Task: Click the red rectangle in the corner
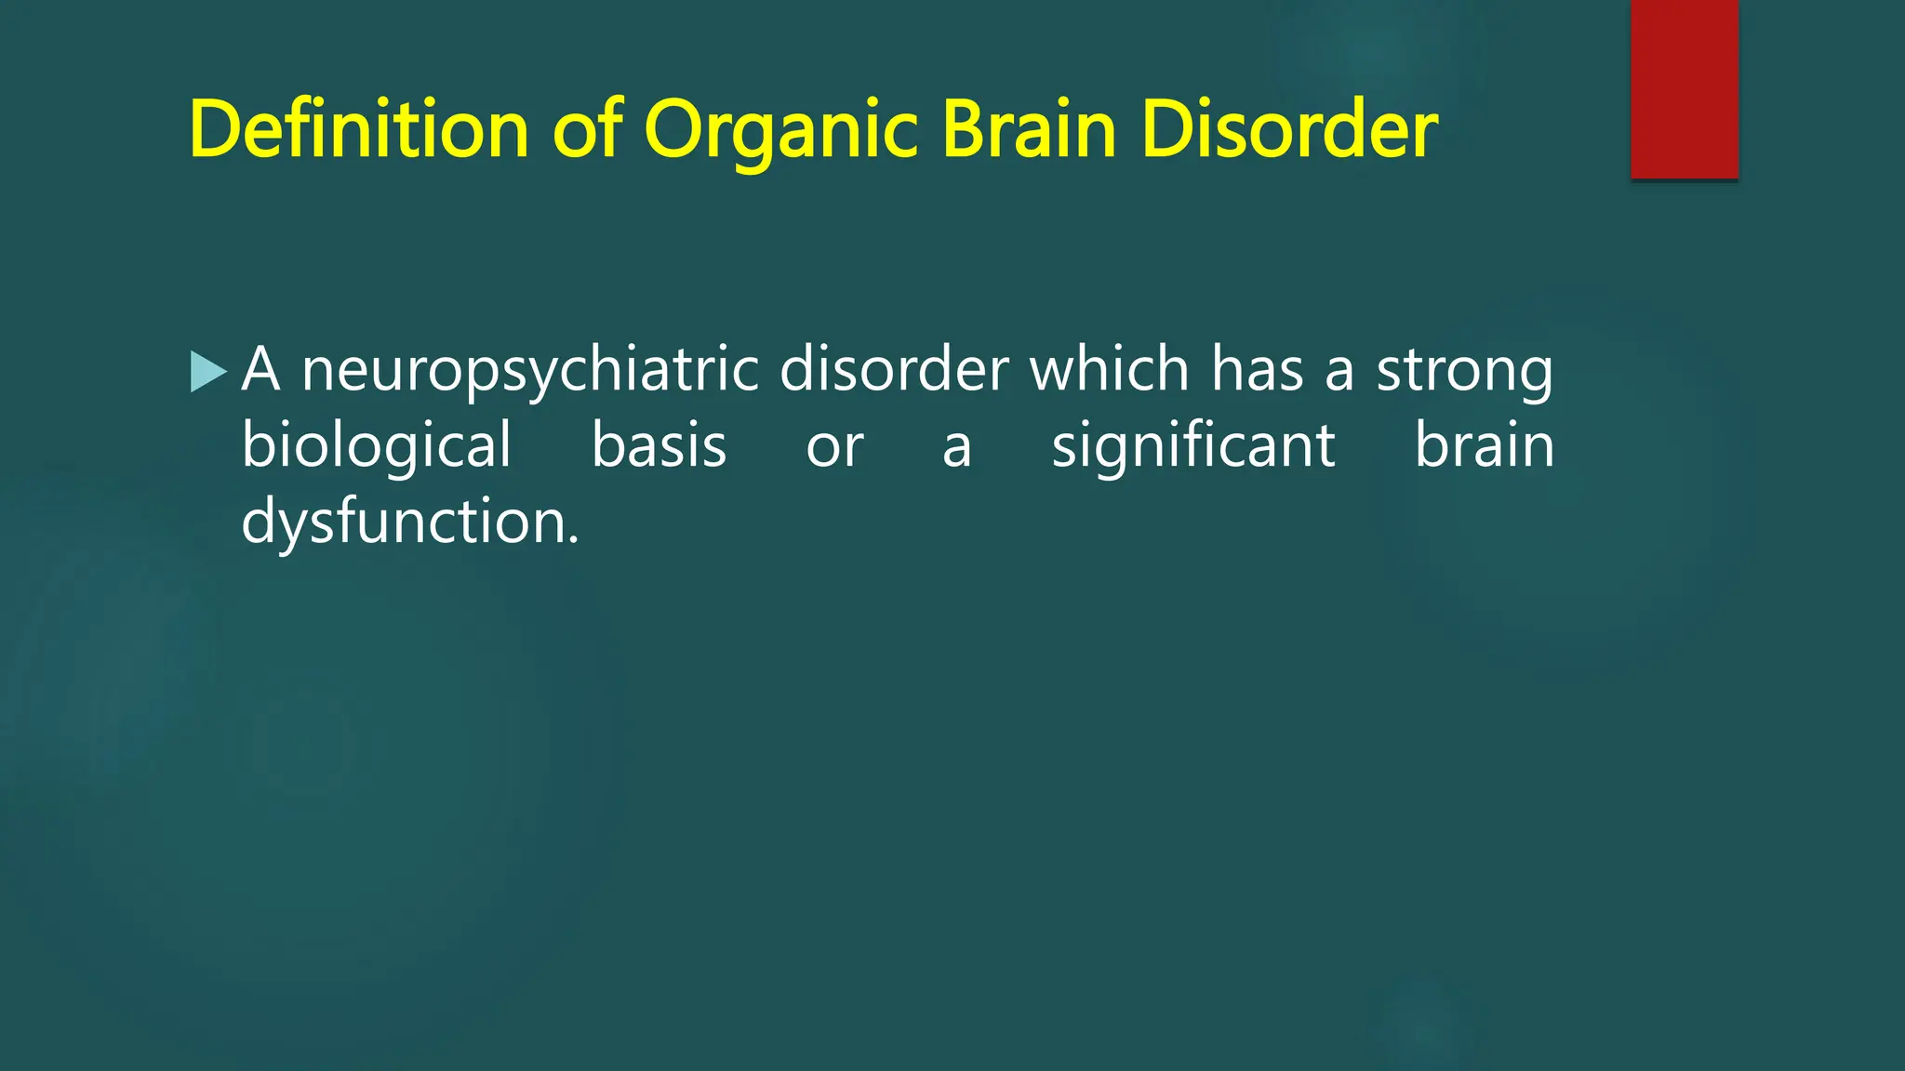(1685, 89)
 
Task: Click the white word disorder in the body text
(894, 370)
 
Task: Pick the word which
(1110, 370)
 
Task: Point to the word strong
(1464, 370)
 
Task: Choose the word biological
(377, 446)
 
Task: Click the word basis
(659, 446)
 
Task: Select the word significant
(1193, 446)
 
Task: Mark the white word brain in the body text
(1484, 446)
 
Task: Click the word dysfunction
(404, 522)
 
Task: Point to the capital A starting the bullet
(260, 370)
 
